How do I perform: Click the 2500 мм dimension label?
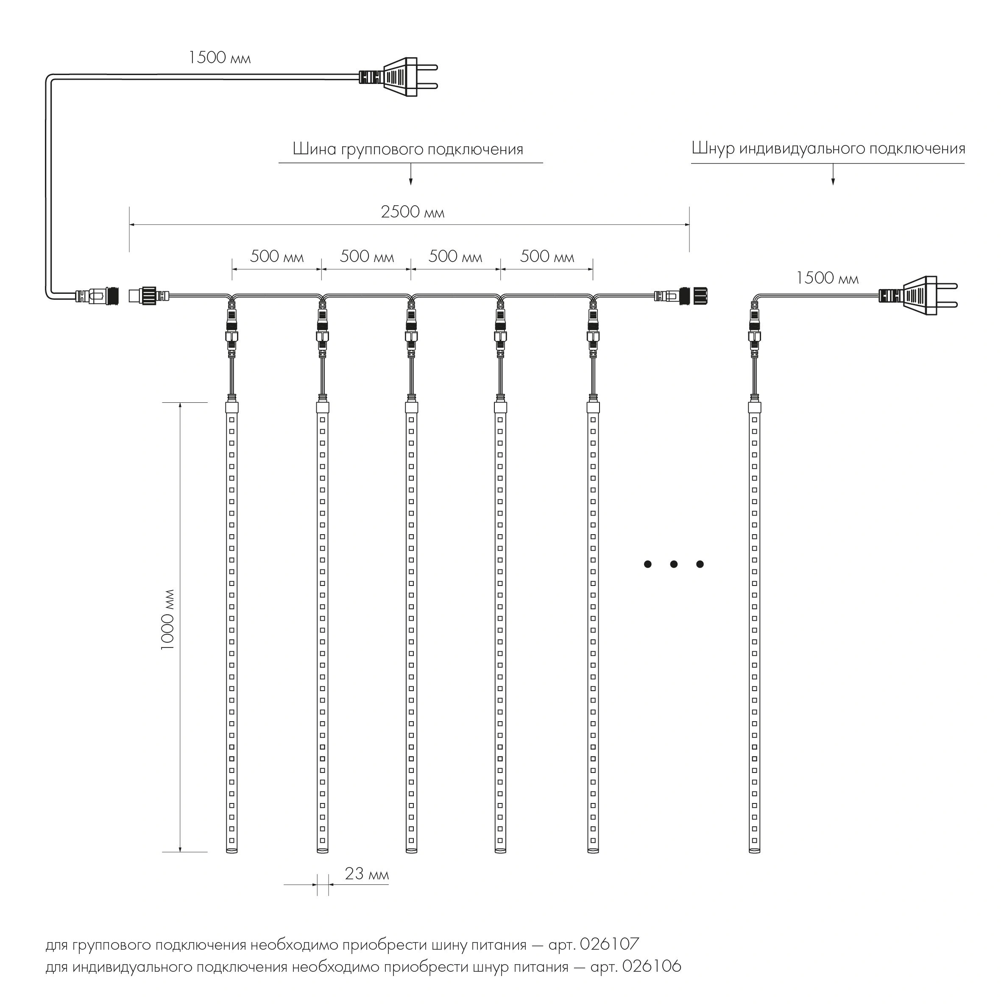click(413, 212)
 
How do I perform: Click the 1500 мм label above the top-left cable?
click(219, 58)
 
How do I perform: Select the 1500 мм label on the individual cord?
click(827, 279)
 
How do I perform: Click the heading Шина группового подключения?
click(408, 150)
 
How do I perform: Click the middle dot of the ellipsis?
click(673, 564)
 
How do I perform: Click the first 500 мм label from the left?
click(276, 257)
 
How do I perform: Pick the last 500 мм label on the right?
click(547, 257)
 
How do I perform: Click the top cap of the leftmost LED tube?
click(232, 407)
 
